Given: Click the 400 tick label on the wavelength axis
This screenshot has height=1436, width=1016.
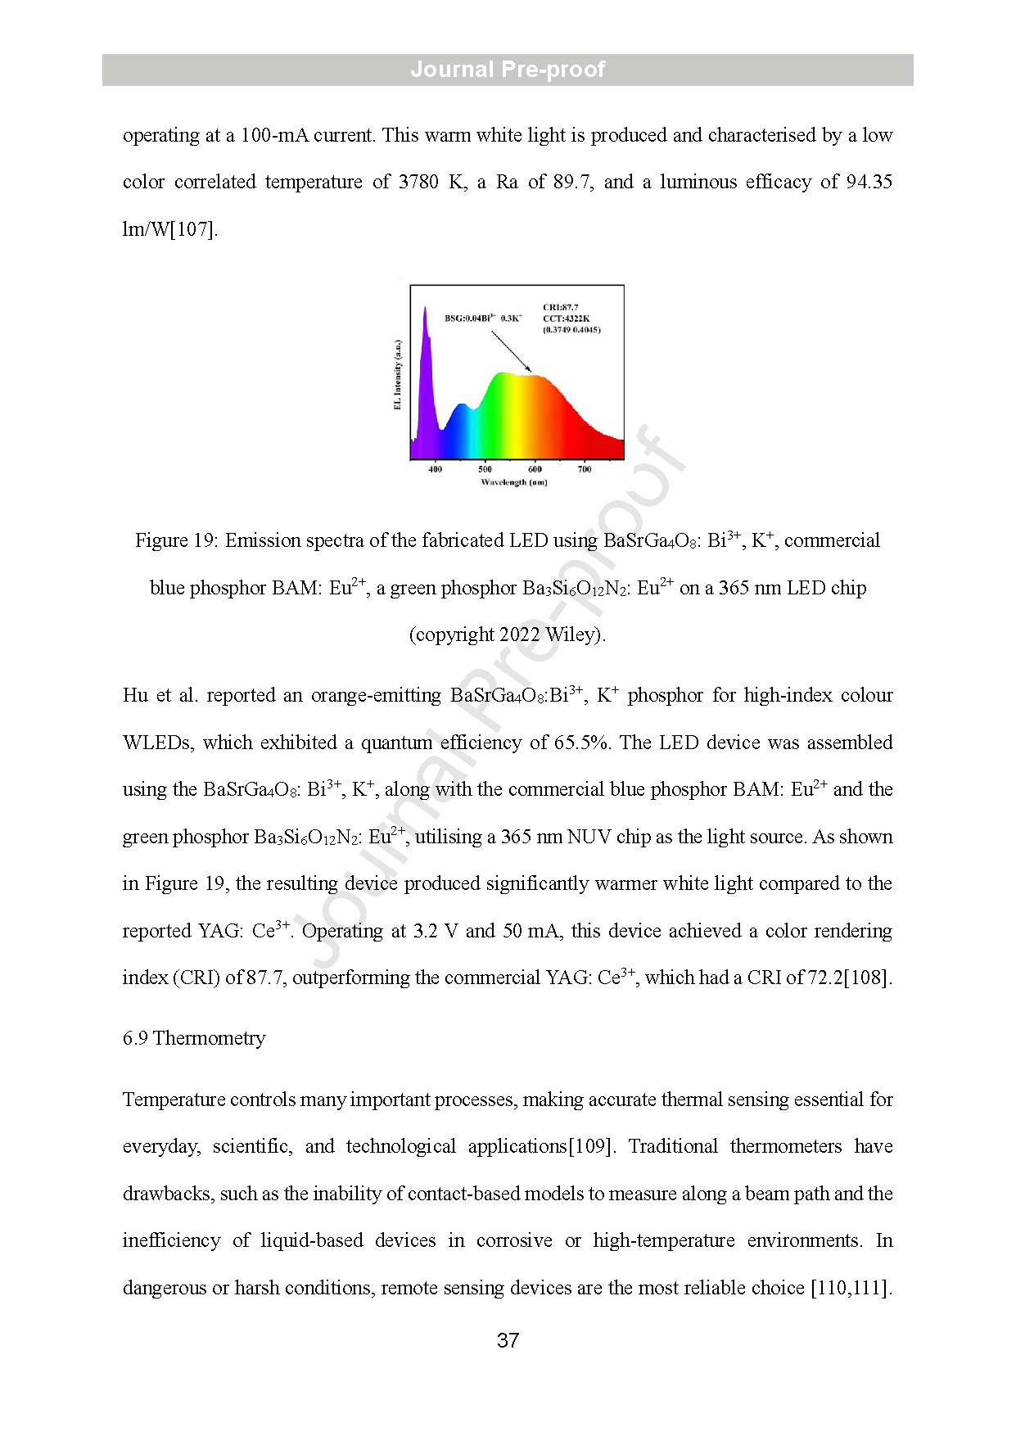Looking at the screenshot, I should point(436,469).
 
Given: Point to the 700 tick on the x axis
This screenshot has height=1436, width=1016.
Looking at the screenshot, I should point(585,469).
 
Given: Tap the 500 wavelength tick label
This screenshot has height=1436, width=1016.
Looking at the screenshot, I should point(485,469).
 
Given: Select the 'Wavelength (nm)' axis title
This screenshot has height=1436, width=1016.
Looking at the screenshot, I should point(514,482).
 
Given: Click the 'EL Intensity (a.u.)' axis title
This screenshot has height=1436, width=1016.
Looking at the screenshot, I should point(398,374).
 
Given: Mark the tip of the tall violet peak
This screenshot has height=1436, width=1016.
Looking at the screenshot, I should point(425,308).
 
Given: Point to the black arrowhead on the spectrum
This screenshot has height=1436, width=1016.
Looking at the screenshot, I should point(529,370).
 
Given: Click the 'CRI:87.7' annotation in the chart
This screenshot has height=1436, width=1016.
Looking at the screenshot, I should point(561,307).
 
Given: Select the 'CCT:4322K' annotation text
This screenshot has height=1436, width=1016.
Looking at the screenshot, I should point(567,318).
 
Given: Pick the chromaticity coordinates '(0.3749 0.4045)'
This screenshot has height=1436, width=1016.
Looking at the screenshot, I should point(571,330).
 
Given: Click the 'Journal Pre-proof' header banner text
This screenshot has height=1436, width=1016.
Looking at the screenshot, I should point(508,70).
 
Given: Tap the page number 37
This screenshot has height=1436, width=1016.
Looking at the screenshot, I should point(508,1340).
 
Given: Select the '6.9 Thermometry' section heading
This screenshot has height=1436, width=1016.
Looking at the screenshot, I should point(194,1038).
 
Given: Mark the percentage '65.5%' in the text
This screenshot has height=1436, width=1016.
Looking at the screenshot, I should point(582,743).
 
